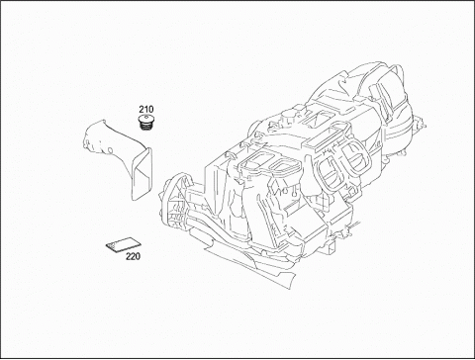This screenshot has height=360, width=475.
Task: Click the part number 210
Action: pyautogui.click(x=145, y=109)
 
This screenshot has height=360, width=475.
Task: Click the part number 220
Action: pyautogui.click(x=133, y=256)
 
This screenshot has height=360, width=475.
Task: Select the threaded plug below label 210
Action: pyautogui.click(x=145, y=123)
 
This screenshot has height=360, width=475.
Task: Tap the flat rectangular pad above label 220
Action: pyautogui.click(x=124, y=244)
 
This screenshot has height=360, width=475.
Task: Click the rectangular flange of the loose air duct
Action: pyautogui.click(x=142, y=174)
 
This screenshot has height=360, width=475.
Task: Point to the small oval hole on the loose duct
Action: pyautogui.click(x=110, y=150)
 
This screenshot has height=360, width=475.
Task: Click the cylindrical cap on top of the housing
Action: pyautogui.click(x=288, y=116)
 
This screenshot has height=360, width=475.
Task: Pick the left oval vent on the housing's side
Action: pyautogui.click(x=328, y=170)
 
